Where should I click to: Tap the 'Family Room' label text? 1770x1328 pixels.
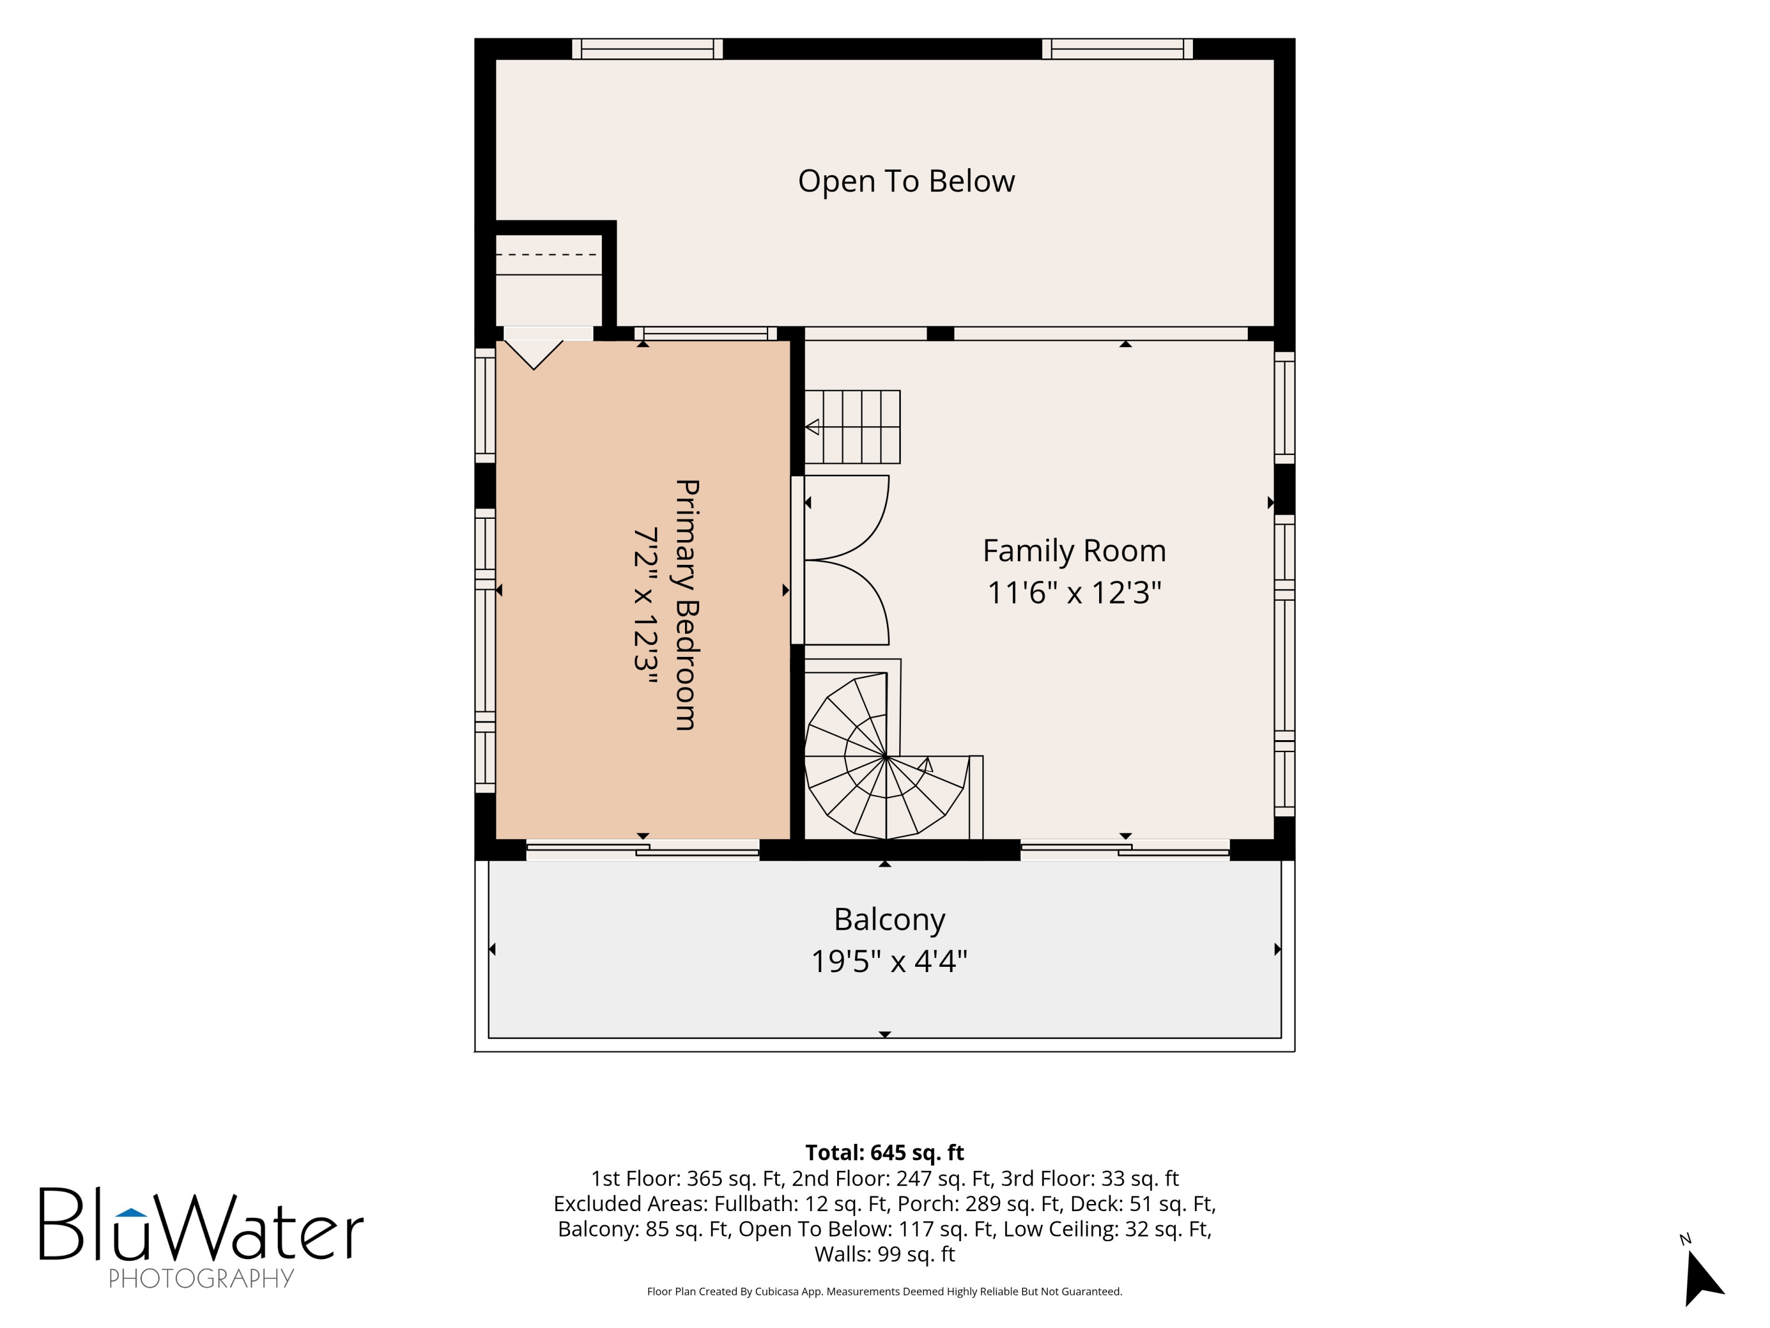1074,551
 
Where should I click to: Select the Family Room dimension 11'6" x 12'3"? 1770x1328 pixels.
1074,593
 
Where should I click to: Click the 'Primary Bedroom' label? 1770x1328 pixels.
687,604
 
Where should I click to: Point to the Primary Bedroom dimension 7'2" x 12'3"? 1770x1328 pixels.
645,605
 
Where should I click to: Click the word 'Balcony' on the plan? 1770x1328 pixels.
889,920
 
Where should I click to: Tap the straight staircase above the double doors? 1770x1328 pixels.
852,427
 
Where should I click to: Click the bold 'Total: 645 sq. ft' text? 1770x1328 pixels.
884,1153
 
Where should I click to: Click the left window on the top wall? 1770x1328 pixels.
647,49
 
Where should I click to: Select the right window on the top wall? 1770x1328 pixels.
1117,49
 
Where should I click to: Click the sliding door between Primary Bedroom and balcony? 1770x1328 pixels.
643,850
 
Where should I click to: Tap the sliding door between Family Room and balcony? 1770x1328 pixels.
1125,850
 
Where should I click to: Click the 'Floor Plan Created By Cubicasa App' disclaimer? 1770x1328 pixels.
884,1291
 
